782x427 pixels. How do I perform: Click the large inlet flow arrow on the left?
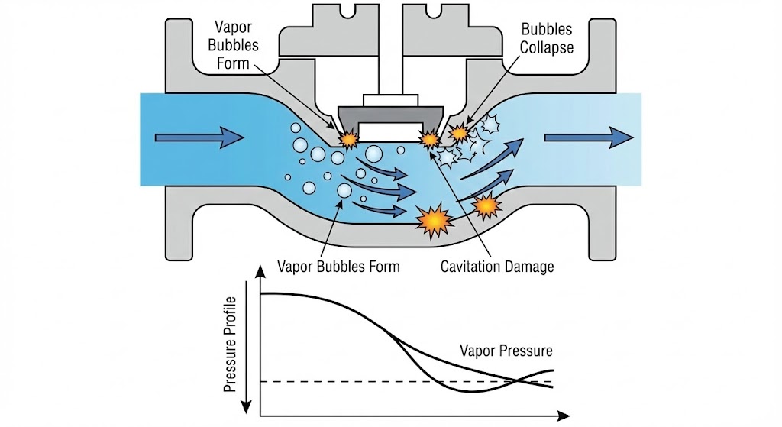[x=199, y=138]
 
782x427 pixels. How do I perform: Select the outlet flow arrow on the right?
[x=588, y=138]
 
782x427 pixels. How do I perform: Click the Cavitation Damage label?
[x=496, y=267]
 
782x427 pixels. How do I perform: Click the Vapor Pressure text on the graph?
[x=506, y=351]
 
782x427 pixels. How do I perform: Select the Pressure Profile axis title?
[x=229, y=344]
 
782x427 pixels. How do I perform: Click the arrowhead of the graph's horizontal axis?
[x=564, y=416]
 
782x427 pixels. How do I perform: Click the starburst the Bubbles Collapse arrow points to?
[x=459, y=133]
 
